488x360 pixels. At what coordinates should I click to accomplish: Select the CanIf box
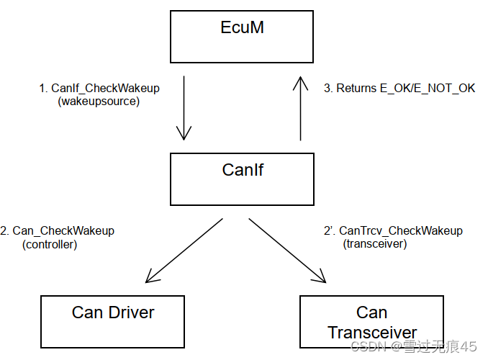point(241,179)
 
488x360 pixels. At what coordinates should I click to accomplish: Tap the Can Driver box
point(112,321)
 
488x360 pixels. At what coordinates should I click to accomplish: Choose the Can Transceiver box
point(371,322)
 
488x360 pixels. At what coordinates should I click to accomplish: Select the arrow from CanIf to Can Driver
point(184,250)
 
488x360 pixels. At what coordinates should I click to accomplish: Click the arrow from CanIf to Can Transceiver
point(286,250)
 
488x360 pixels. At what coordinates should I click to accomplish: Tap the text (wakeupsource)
point(99,102)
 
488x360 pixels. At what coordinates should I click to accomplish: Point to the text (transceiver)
point(374,244)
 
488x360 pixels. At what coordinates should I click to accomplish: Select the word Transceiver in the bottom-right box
point(372,333)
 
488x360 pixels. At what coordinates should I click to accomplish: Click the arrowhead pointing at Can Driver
point(150,277)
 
